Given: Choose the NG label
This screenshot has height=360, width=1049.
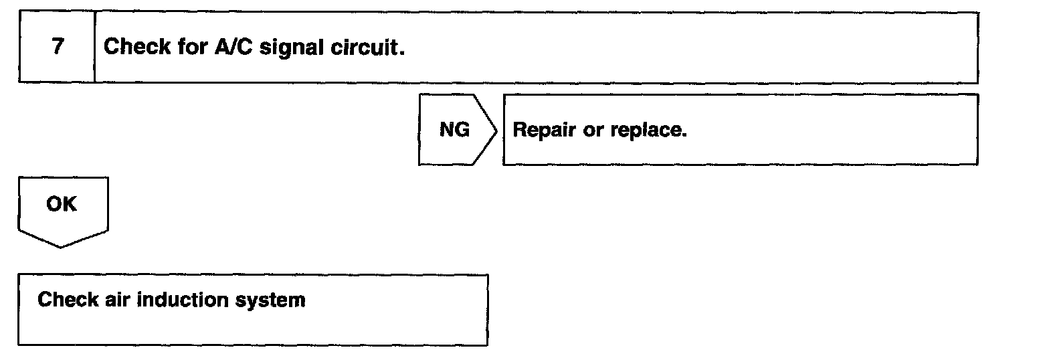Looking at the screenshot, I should click(454, 130).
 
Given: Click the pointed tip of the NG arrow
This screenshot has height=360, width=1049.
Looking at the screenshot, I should click(497, 130).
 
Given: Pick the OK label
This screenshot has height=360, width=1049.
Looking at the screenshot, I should click(62, 205).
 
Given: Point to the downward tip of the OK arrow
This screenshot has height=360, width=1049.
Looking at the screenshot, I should click(62, 246).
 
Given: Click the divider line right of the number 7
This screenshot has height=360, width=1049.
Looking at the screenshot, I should click(95, 48).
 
